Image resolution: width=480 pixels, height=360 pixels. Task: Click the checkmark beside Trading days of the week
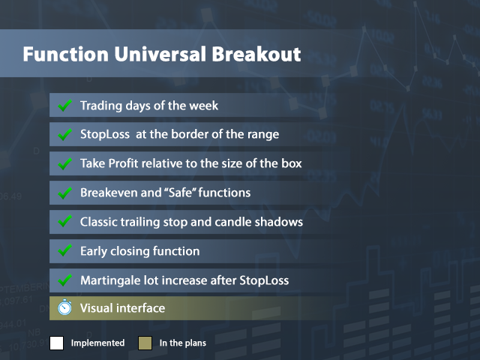click(x=64, y=106)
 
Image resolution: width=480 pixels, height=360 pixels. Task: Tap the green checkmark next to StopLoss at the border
click(x=64, y=135)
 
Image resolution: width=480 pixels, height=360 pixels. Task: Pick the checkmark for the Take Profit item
click(x=64, y=163)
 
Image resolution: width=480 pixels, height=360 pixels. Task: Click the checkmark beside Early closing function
click(x=64, y=251)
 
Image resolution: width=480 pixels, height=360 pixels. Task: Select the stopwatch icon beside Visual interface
click(x=64, y=308)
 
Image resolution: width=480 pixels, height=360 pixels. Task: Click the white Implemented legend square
click(x=57, y=343)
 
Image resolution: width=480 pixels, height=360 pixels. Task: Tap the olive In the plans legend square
click(x=145, y=343)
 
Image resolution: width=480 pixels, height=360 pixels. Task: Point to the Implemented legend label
click(x=97, y=343)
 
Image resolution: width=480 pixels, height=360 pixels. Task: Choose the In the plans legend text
click(x=182, y=343)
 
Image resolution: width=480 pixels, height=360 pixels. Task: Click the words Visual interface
click(x=122, y=308)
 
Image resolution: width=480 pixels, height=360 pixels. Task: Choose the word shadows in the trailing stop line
click(x=280, y=222)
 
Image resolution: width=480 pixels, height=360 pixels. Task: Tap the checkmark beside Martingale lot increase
click(x=64, y=280)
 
